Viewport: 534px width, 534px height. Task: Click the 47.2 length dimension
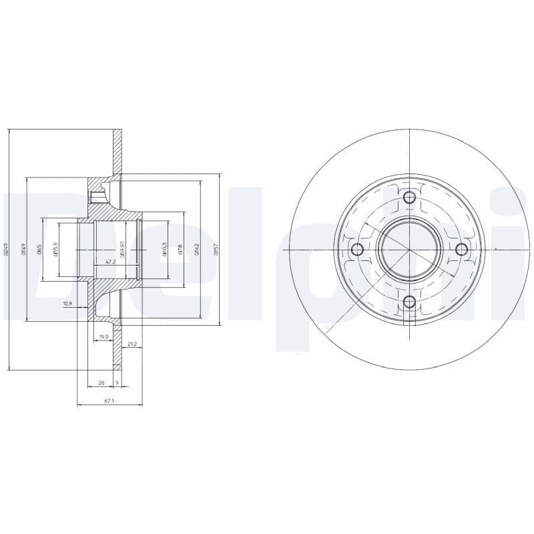pos(111,262)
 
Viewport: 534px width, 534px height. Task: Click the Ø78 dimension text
pos(181,250)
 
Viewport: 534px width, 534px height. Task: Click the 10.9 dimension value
pos(67,304)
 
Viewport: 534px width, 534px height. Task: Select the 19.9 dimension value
pos(103,336)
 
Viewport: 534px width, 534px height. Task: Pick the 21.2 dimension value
pos(131,344)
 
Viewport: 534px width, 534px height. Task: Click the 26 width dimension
pos(101,382)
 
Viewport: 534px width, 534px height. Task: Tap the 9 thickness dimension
pos(117,382)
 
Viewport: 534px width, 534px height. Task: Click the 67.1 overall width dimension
pos(109,401)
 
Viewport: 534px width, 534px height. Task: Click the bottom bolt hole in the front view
pos(410,302)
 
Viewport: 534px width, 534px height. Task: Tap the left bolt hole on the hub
pos(357,250)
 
